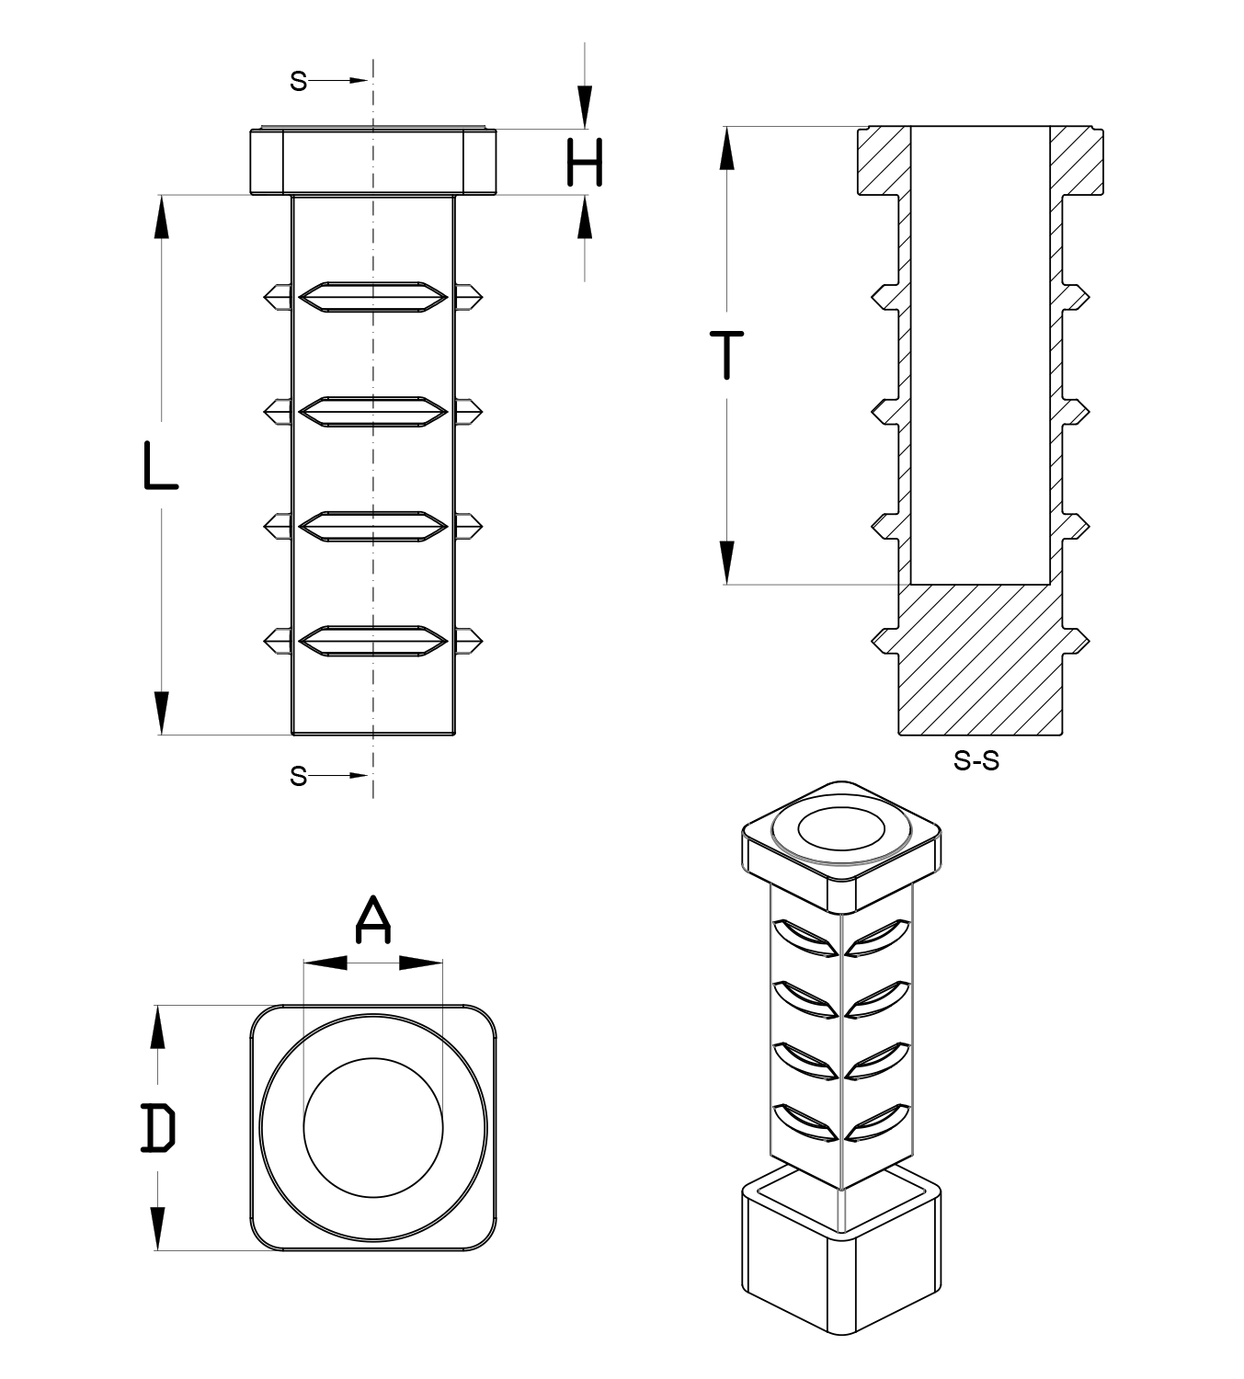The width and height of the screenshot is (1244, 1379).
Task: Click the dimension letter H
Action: (x=585, y=164)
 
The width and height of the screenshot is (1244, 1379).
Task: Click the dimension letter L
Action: (x=160, y=465)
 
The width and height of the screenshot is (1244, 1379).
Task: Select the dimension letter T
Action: (x=727, y=355)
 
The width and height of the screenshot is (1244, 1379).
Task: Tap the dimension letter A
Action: (x=372, y=921)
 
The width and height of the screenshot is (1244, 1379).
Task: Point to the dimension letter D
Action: (x=158, y=1129)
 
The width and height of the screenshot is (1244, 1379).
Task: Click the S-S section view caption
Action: (x=976, y=761)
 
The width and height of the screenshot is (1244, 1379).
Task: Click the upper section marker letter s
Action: (x=298, y=81)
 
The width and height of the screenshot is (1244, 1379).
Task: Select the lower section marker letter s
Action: (x=298, y=776)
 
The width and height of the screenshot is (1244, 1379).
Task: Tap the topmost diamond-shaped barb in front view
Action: (x=373, y=295)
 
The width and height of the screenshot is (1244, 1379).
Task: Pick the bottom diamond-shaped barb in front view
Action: (x=373, y=640)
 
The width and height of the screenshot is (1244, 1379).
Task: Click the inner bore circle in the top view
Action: (x=373, y=1127)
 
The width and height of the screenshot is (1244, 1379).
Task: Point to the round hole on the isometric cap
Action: (x=840, y=830)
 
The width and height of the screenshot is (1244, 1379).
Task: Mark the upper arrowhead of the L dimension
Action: (x=162, y=217)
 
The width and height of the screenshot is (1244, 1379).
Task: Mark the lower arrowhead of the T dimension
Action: (x=727, y=562)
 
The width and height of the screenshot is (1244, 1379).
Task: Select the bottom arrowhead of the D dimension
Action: (x=158, y=1227)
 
